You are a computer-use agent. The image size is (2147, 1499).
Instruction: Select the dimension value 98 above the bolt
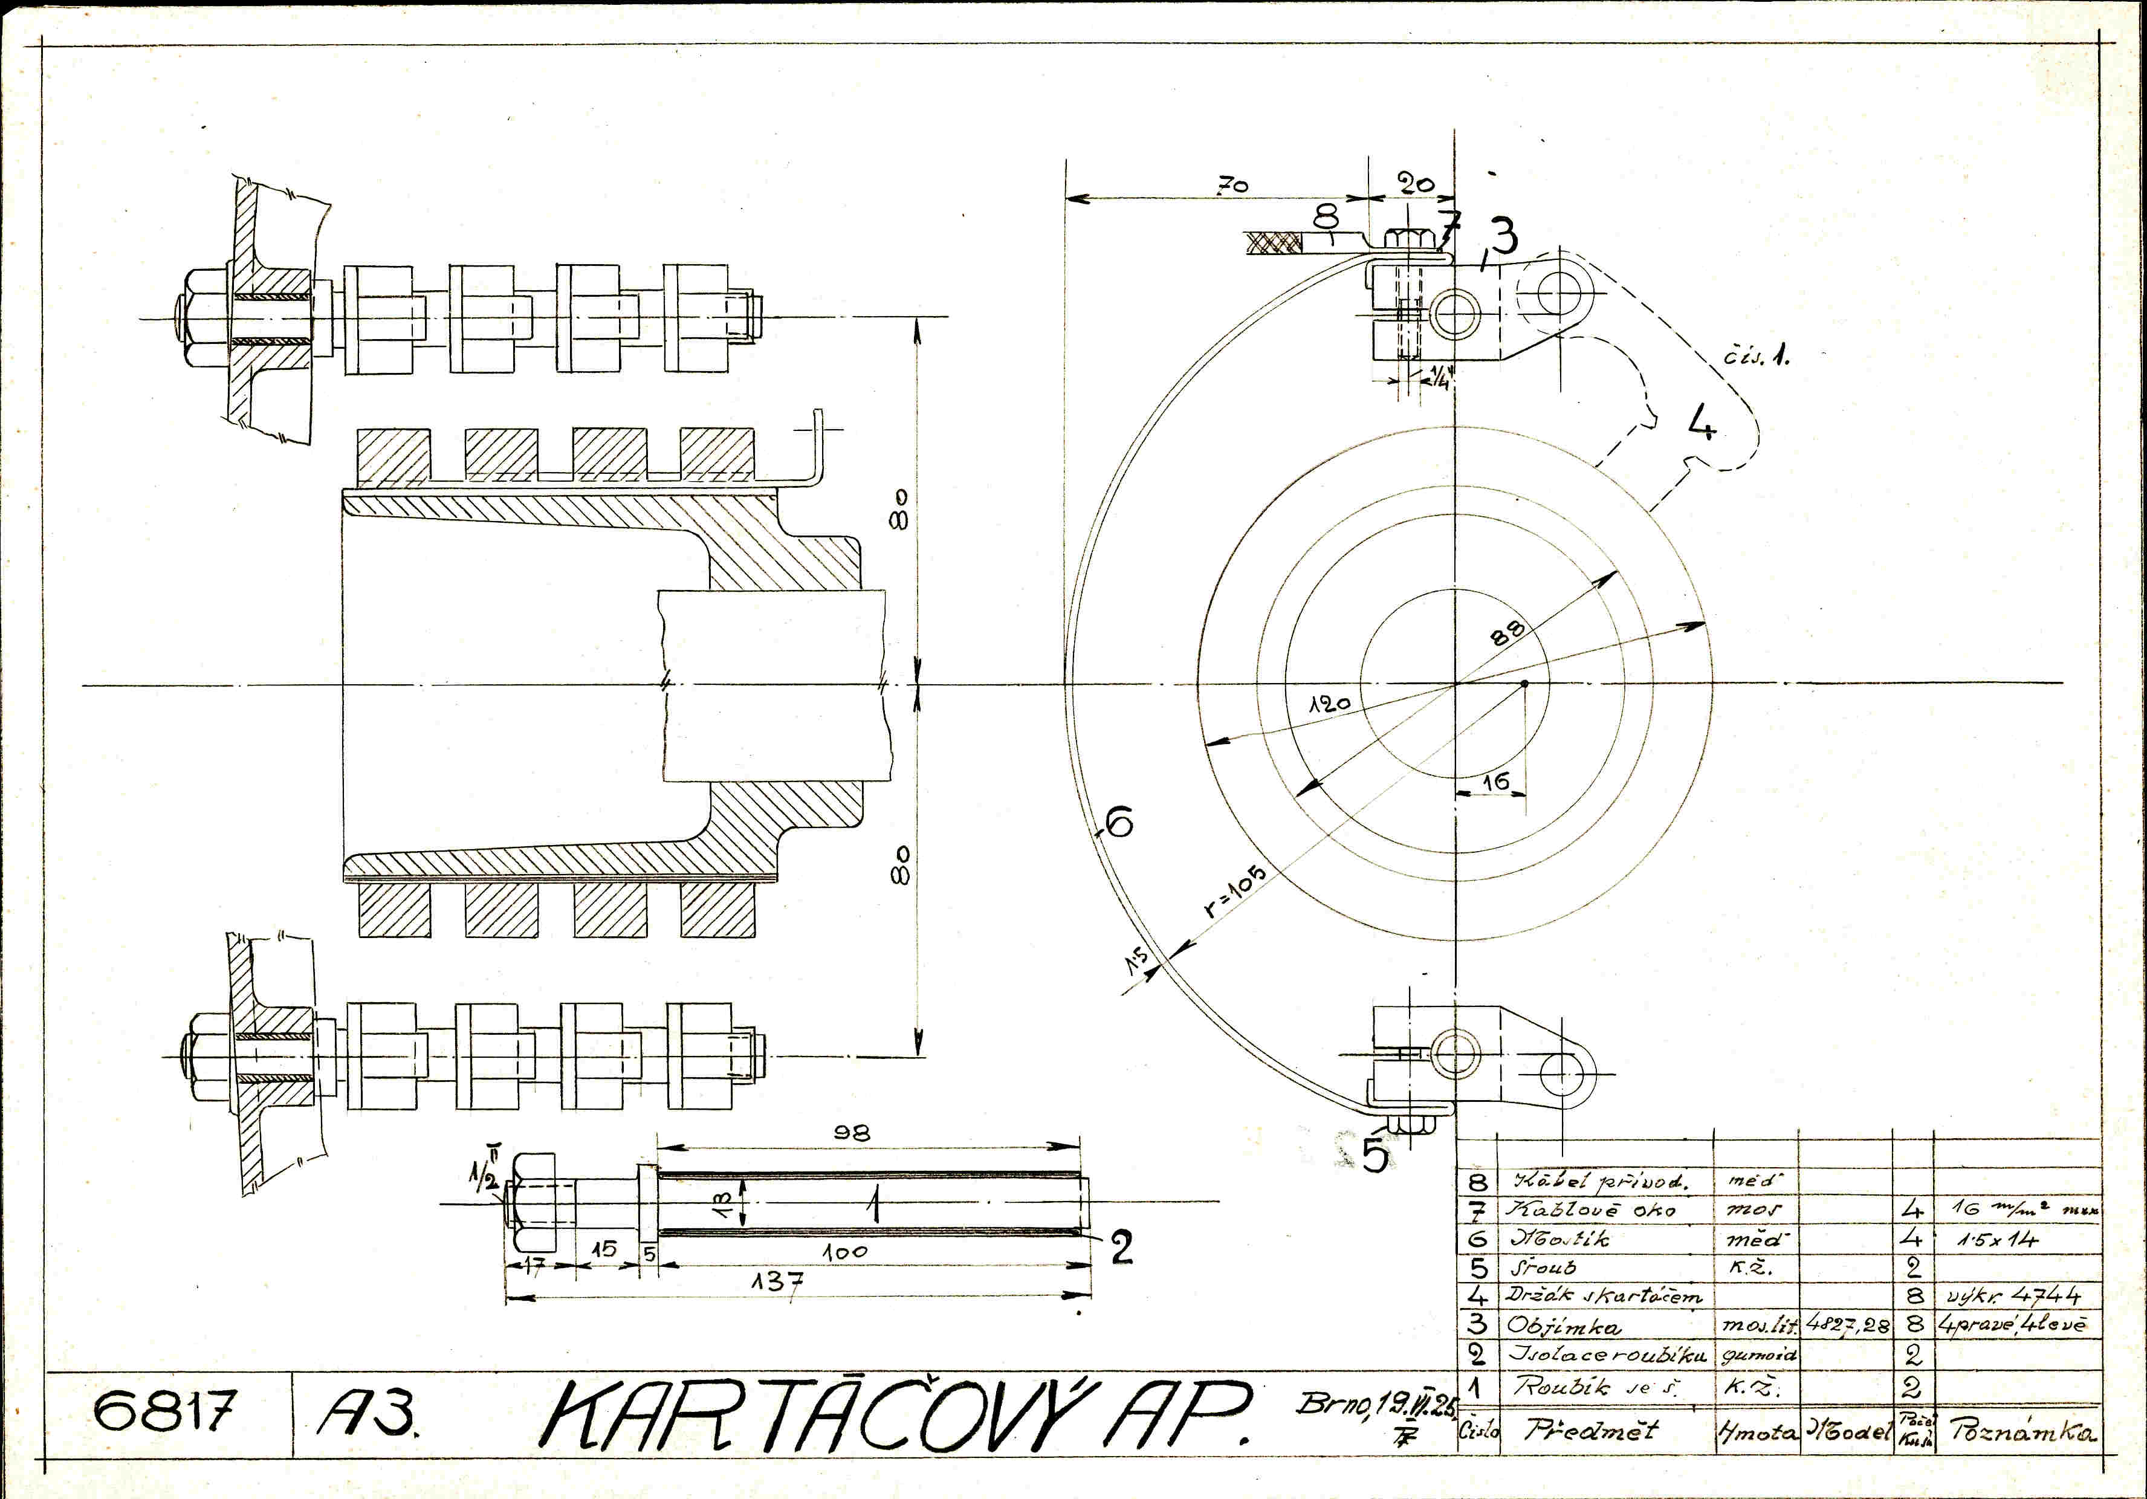tap(851, 1133)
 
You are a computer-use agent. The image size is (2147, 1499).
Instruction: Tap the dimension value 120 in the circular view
tap(1329, 703)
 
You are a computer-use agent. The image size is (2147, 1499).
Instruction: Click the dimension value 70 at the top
tap(1232, 186)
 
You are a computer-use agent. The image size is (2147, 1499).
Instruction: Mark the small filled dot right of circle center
tap(1524, 684)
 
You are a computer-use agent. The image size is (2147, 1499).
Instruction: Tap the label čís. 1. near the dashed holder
tap(1756, 356)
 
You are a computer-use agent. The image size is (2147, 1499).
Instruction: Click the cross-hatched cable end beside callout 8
tap(1273, 243)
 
